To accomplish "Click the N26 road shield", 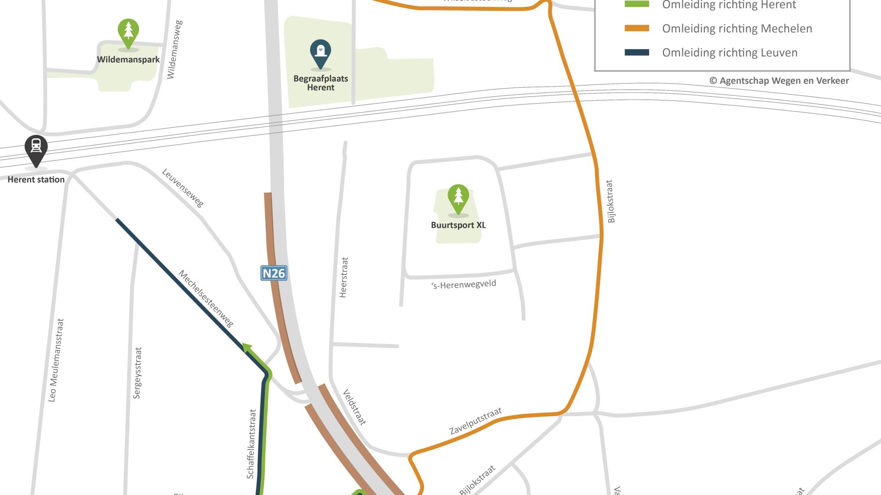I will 274,273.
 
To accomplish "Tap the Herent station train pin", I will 36,149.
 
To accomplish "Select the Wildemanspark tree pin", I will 128,33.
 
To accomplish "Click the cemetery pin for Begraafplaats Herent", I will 320,53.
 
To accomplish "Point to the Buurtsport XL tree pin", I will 458,198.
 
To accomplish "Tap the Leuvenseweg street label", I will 183,188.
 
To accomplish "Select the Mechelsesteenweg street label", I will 206,299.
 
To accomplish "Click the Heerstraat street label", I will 344,277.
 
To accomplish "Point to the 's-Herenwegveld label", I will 464,285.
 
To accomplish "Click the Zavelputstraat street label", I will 475,421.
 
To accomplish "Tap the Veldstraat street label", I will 355,407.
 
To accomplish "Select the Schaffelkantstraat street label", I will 251,444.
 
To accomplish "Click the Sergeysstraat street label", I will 137,373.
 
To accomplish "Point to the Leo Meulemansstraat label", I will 56,360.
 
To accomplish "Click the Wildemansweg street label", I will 174,49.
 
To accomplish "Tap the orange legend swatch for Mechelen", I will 637,28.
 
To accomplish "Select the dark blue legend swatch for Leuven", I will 637,53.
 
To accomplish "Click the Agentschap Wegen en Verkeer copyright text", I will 779,81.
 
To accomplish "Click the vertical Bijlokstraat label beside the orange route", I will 610,201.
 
